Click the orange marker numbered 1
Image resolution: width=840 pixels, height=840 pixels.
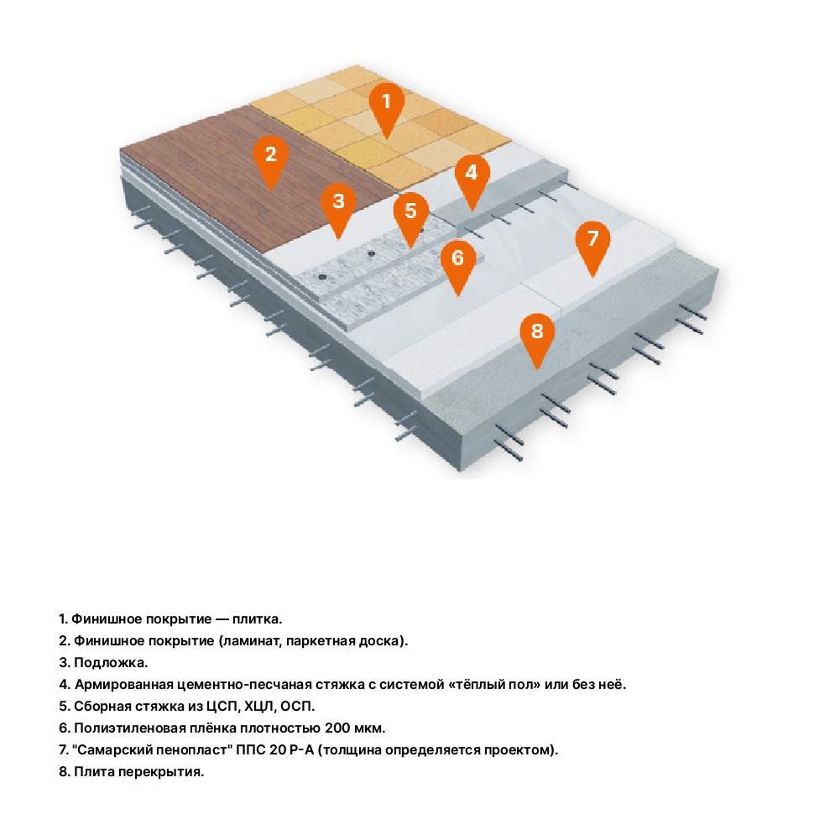tap(387, 104)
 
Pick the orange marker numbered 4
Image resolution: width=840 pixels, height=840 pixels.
tap(472, 175)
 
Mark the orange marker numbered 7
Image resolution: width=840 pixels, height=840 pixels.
tap(592, 240)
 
